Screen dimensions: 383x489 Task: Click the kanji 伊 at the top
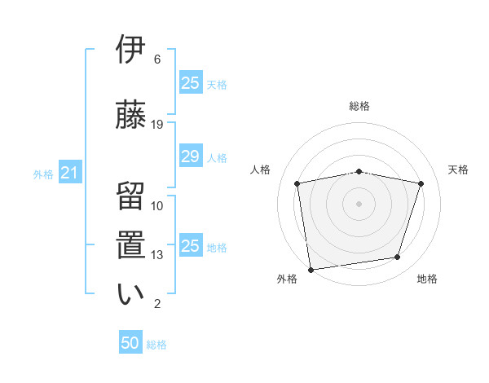130,51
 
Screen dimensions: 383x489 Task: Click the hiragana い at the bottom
130,294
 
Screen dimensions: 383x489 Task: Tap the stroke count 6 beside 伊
157,59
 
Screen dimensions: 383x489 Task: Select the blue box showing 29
190,156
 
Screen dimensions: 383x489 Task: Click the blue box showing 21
69,174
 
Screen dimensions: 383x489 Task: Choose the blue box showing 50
130,343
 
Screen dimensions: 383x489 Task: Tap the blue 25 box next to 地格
190,246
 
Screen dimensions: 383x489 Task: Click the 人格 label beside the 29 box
217,157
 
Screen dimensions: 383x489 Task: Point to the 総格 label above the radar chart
359,107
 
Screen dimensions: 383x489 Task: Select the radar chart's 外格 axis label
287,279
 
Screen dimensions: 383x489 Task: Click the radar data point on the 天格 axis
421,183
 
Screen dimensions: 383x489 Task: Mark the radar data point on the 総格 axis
359,171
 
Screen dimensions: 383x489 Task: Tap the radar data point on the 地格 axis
398,258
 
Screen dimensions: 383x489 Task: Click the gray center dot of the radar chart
359,204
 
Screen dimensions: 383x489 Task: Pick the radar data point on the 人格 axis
297,183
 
